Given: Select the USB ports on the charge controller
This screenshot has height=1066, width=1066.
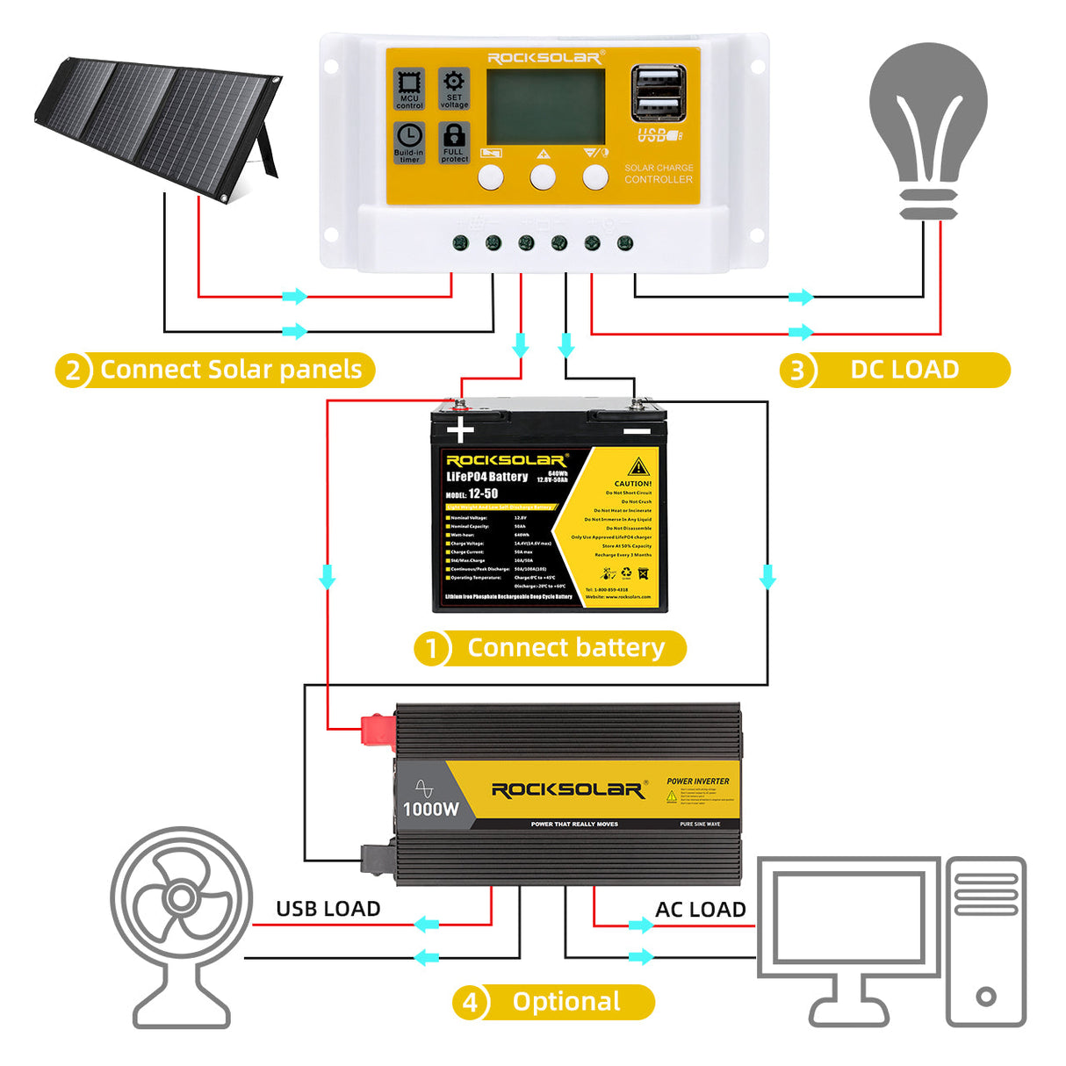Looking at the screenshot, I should coord(658,92).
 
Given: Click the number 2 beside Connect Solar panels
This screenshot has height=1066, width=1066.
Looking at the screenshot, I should coord(74,371).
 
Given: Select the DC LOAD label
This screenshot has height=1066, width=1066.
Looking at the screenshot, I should coord(904,370).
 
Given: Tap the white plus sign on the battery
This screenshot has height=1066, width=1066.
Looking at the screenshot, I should coord(460,430).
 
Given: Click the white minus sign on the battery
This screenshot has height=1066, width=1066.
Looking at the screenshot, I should coord(637,431).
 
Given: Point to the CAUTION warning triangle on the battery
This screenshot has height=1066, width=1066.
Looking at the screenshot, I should coord(638,466).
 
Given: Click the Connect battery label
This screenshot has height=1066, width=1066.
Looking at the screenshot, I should coord(565,648).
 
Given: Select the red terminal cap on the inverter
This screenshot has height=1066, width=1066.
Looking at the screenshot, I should coord(377,731).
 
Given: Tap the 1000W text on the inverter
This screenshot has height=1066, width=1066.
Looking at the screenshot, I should coord(430,809).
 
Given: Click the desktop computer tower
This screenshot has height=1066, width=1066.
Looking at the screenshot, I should coord(985,940).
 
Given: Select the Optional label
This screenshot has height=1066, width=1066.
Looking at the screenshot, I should coord(566,1002).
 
